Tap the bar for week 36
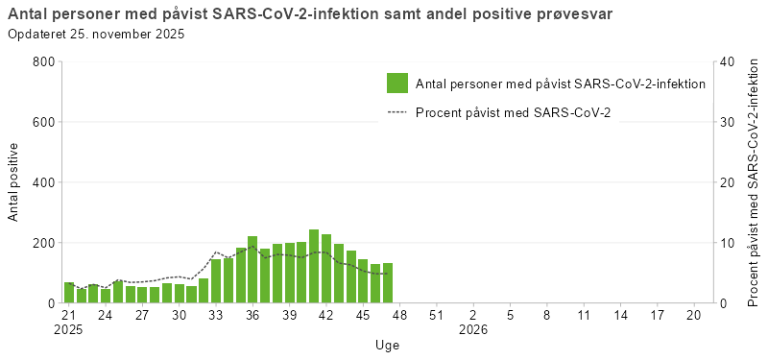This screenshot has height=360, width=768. tap(252, 270)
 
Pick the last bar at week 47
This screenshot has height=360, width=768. tap(388, 283)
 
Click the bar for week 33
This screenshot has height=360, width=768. tap(216, 281)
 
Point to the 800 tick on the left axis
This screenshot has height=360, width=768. tap(42, 61)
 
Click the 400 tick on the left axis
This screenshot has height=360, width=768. tap(42, 182)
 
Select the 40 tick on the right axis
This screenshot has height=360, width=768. tap(727, 61)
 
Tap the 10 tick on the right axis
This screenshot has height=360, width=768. tap(727, 243)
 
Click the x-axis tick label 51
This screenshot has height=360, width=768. tap(436, 315)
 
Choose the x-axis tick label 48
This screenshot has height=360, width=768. tap(399, 315)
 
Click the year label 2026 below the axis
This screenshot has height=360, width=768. tap(473, 329)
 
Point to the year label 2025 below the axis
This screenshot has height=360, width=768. tap(69, 329)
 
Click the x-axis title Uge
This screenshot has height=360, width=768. tap(388, 345)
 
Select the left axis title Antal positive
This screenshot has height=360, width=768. tap(14, 182)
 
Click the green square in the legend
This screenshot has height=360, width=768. tap(397, 84)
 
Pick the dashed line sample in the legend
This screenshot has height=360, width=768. tap(397, 113)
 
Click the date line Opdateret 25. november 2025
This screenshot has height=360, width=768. tap(95, 35)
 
